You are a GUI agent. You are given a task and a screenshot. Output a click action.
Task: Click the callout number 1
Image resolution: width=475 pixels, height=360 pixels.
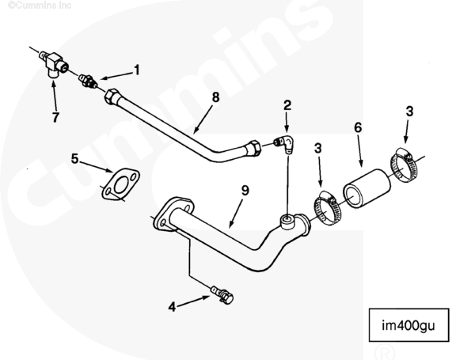click(136, 70)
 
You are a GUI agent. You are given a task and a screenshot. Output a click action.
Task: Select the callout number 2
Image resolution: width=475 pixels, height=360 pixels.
click(287, 104)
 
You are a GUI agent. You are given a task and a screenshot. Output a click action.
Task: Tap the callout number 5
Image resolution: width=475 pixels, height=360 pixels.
click(75, 158)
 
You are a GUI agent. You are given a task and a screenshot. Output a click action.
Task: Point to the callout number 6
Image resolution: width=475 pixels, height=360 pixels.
click(357, 127)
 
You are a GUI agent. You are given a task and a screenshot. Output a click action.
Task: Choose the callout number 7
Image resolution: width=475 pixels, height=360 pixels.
click(55, 117)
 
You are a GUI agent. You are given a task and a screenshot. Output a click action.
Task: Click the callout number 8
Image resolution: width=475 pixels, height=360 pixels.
click(215, 98)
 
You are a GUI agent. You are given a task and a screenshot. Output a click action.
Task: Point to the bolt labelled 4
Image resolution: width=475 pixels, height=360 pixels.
click(223, 297)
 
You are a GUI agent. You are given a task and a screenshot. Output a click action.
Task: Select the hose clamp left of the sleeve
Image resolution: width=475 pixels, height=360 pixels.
click(325, 207)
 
